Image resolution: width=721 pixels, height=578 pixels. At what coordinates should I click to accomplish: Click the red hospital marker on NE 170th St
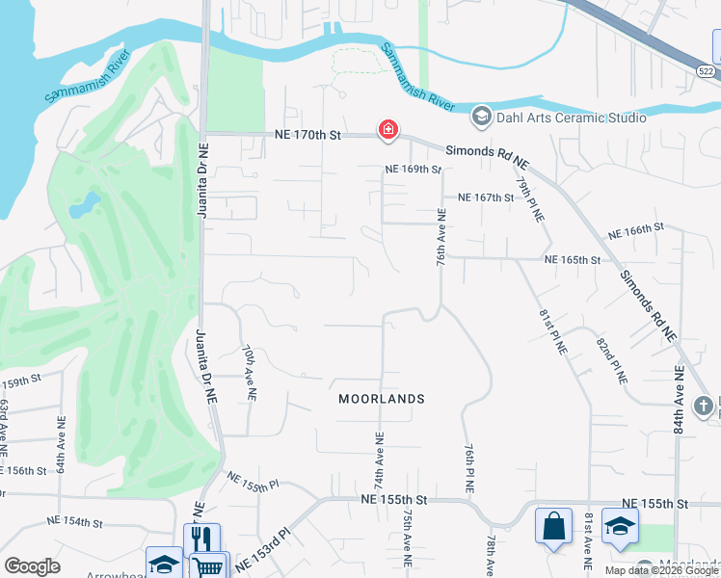click(x=388, y=130)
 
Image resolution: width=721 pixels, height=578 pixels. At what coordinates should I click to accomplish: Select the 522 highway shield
click(x=707, y=71)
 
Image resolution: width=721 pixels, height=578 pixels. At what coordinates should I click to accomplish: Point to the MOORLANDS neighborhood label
click(x=382, y=398)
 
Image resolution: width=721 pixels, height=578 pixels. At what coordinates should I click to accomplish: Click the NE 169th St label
click(x=413, y=170)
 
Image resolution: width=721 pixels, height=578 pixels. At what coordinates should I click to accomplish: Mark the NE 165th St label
click(x=573, y=260)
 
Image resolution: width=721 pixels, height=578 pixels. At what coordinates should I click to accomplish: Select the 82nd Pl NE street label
click(x=609, y=361)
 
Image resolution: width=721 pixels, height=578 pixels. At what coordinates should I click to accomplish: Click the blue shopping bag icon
click(x=553, y=526)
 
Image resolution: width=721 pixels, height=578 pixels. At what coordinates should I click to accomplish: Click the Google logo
click(x=32, y=566)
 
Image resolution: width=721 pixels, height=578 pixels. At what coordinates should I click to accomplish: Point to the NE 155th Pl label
click(x=252, y=481)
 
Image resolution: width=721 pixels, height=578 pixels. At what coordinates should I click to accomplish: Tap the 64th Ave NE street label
click(x=61, y=443)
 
